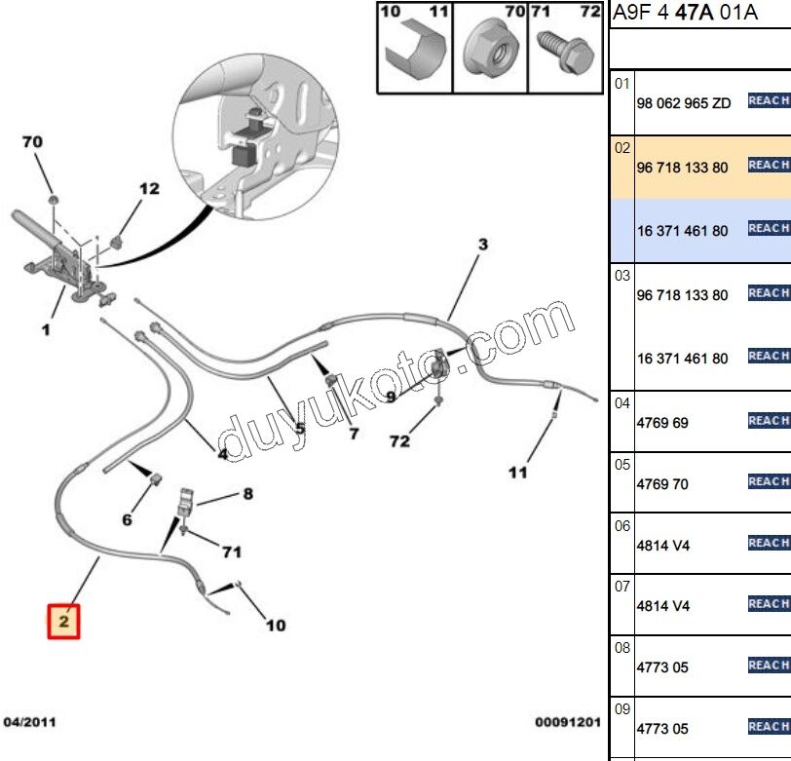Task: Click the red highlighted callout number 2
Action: click(63, 620)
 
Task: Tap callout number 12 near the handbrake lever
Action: click(148, 188)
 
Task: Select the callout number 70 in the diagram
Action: click(32, 142)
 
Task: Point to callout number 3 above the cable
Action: click(482, 244)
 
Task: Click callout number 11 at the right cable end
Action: click(517, 473)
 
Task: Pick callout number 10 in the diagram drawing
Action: click(276, 625)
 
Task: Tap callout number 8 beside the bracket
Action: click(247, 494)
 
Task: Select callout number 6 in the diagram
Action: click(127, 519)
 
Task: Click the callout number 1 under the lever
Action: click(45, 330)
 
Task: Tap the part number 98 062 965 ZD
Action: click(683, 103)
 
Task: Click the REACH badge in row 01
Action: click(769, 100)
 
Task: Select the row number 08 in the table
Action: click(622, 646)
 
